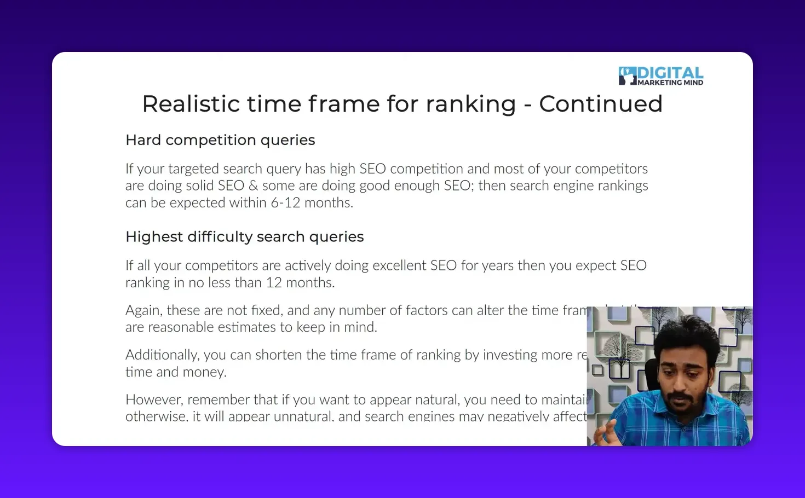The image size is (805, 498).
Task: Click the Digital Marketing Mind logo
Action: tap(660, 76)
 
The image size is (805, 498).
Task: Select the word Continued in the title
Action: tap(601, 104)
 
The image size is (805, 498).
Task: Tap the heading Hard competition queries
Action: tap(220, 140)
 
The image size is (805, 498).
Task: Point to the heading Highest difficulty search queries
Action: tap(244, 236)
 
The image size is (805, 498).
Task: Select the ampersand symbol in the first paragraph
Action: tap(253, 186)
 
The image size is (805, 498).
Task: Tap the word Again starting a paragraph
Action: tap(143, 310)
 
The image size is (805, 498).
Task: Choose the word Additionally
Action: tap(162, 355)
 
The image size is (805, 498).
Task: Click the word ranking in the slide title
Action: tap(470, 104)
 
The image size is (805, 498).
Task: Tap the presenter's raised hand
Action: tap(607, 433)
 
